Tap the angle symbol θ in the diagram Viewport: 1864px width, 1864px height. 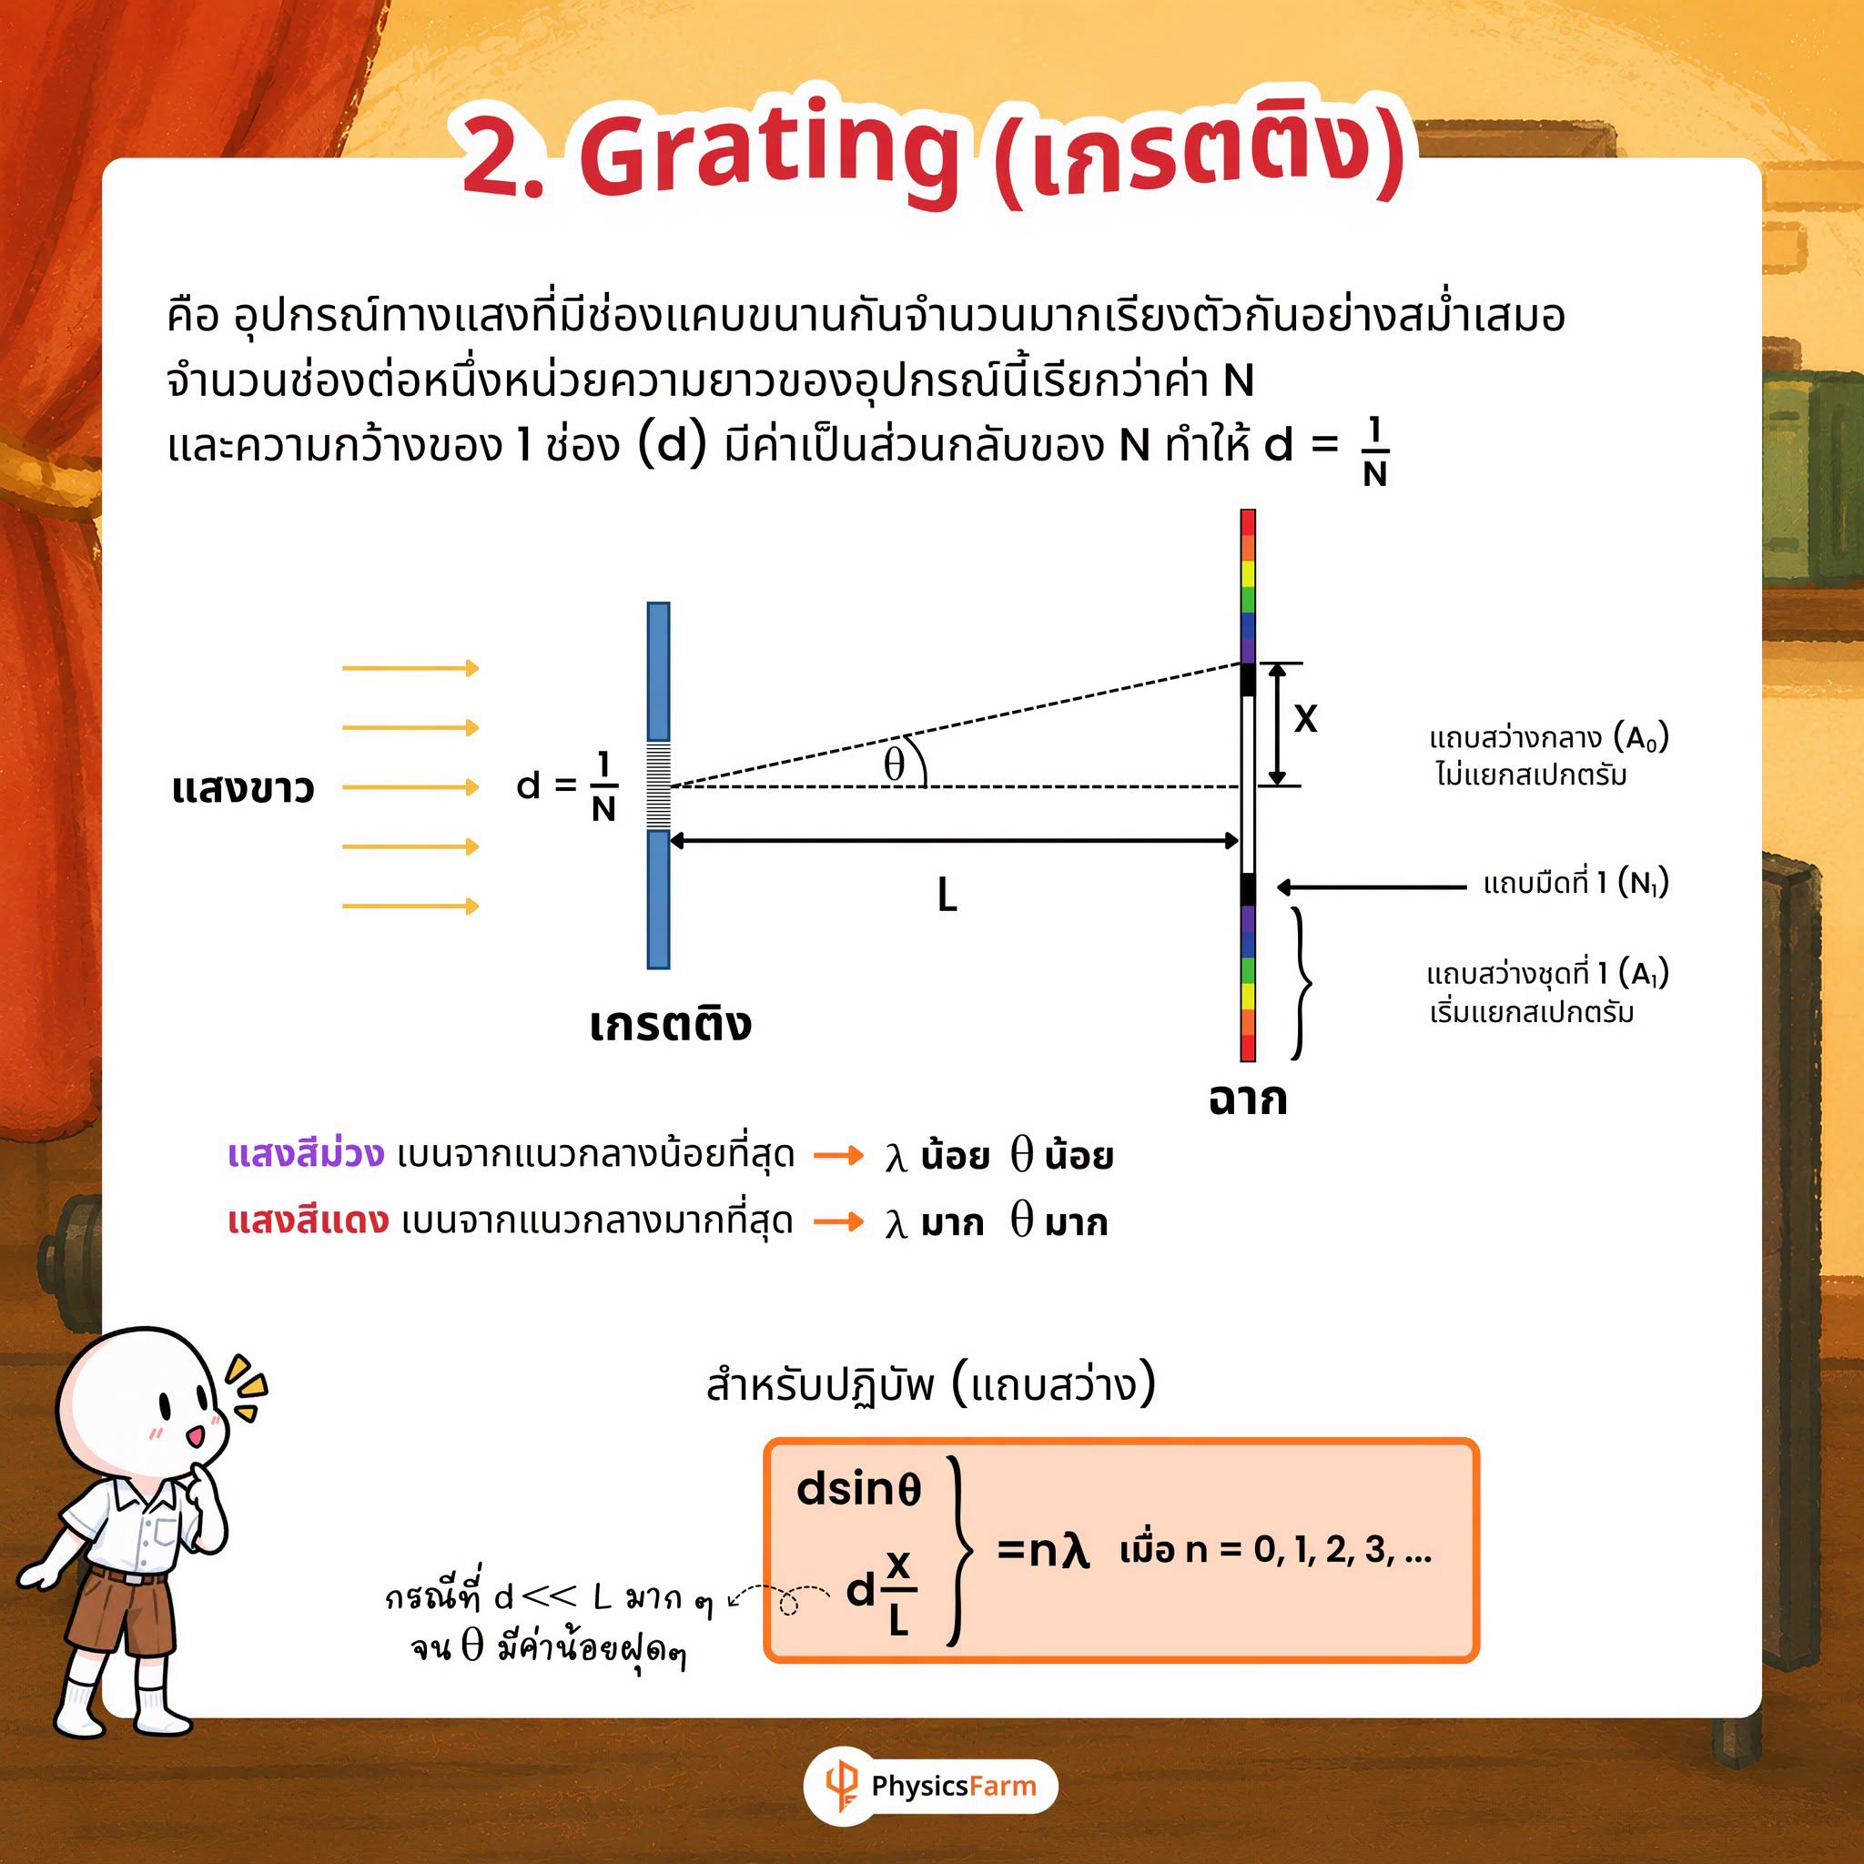tap(895, 765)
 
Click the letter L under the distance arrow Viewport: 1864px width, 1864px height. tap(947, 897)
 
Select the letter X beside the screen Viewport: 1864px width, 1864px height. tap(1304, 719)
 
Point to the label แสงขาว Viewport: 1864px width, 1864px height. tap(243, 788)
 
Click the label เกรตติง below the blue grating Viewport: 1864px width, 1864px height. tap(670, 1024)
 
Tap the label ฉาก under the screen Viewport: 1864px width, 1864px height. tap(1248, 1099)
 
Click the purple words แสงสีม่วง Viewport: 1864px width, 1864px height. tap(306, 1154)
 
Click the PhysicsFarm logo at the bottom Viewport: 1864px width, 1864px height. tap(931, 1786)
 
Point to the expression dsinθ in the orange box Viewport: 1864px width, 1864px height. tap(858, 1489)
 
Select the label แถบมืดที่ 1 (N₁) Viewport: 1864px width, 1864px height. tap(1575, 883)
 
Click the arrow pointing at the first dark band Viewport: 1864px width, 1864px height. tap(1371, 886)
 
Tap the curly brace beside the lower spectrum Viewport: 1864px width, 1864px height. tap(1302, 983)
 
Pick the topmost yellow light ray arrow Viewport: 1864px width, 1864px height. tap(411, 668)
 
